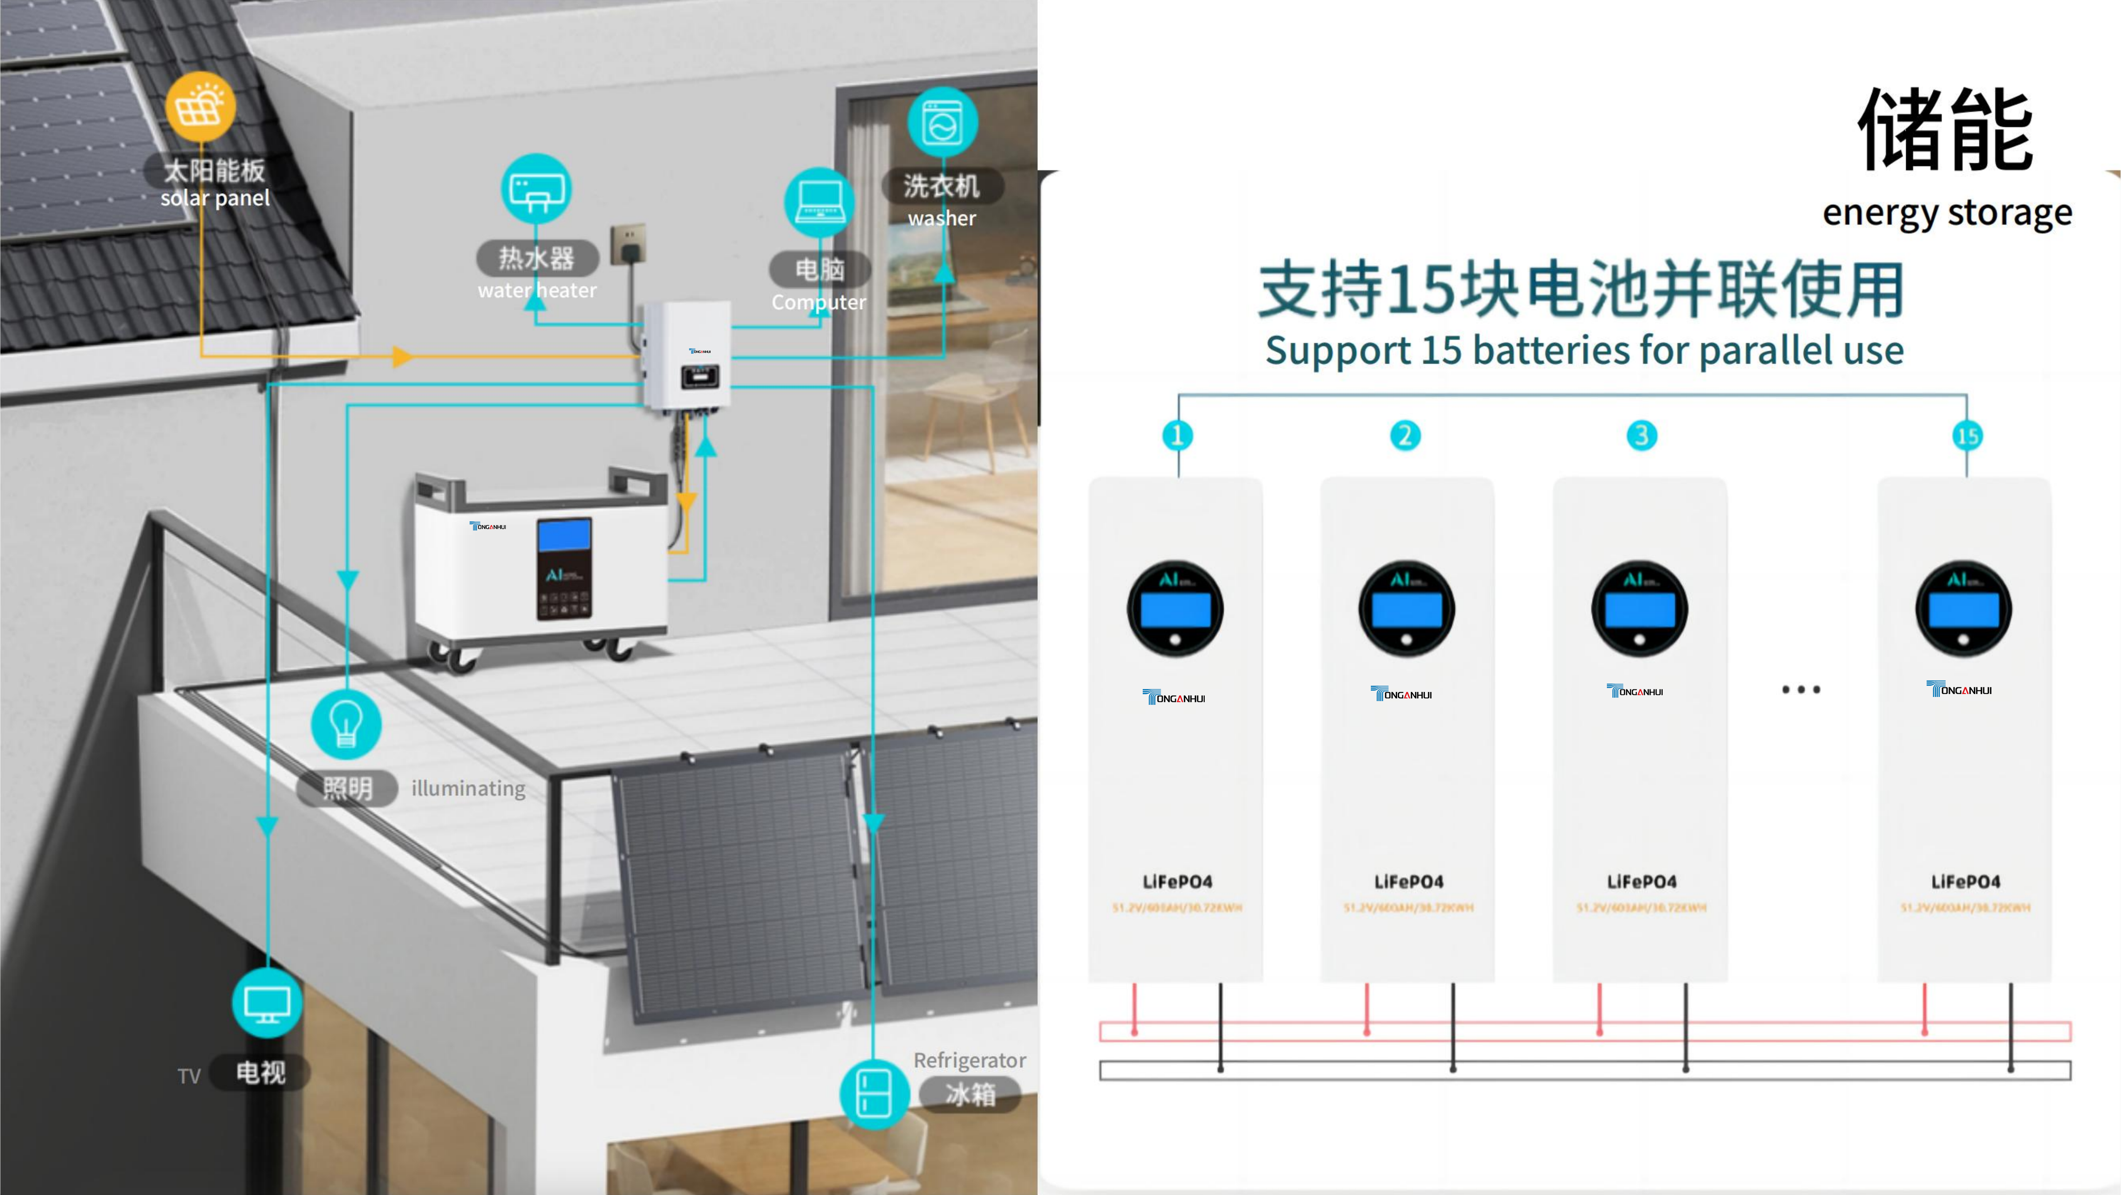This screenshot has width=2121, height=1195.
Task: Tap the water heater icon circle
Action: tap(536, 188)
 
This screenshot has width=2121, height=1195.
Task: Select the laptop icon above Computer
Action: tap(819, 202)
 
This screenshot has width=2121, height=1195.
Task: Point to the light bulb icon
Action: tap(346, 724)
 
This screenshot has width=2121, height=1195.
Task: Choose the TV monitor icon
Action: tap(267, 1002)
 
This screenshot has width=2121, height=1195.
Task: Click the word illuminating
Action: tap(467, 788)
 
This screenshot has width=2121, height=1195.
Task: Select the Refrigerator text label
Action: tap(969, 1060)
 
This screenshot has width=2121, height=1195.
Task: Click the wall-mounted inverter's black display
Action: tap(699, 377)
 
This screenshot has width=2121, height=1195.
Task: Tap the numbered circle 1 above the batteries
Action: tap(1177, 435)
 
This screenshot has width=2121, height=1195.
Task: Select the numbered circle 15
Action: tap(1967, 435)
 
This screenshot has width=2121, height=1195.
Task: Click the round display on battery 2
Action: tap(1406, 609)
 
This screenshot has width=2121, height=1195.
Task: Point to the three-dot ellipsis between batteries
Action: tap(1801, 690)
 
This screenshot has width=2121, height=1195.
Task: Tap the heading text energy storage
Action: tap(1947, 213)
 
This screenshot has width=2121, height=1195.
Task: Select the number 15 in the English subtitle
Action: tap(1441, 351)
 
